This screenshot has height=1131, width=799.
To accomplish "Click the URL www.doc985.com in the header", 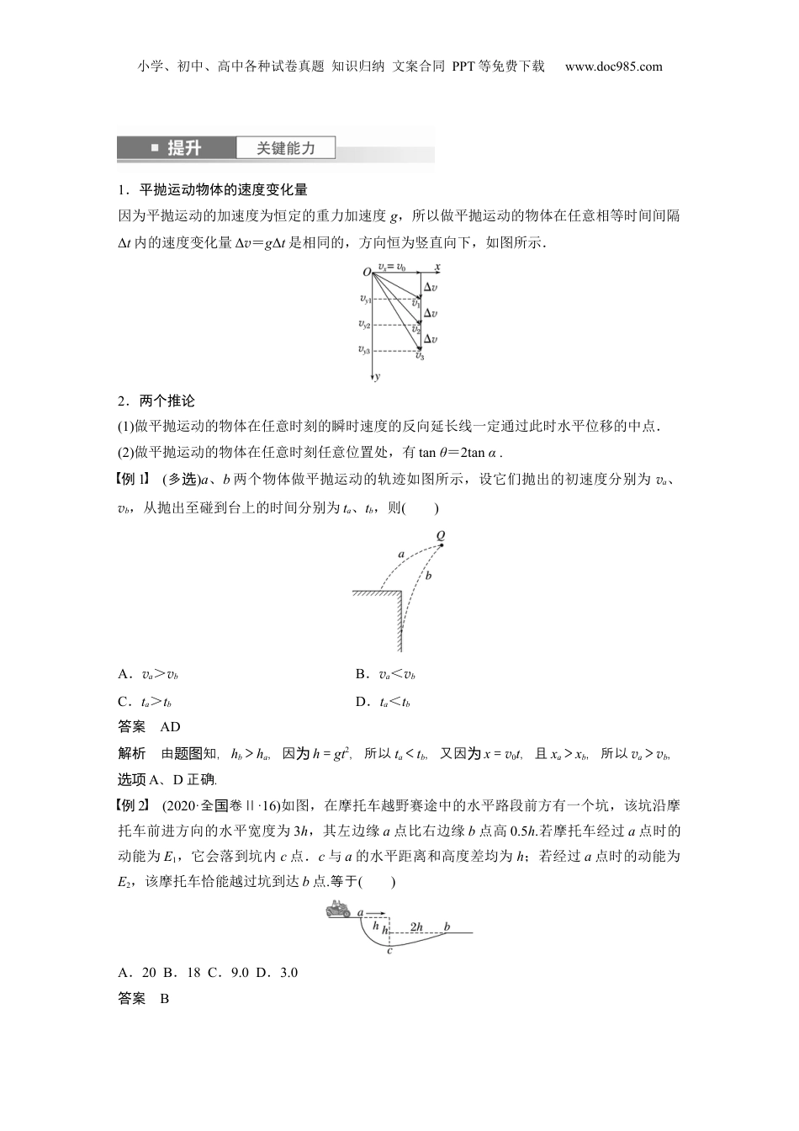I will point(613,66).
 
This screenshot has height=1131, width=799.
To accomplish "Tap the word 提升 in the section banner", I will point(184,148).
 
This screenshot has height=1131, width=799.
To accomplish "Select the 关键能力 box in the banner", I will point(286,148).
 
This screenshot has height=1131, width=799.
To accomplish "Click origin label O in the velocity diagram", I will point(367,272).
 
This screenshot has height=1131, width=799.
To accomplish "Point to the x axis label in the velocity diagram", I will point(437,267).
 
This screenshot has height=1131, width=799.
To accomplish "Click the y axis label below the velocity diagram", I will point(378,377).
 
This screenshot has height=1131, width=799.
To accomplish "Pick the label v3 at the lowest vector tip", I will point(419,356).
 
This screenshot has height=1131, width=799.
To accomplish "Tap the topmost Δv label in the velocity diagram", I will point(430,287).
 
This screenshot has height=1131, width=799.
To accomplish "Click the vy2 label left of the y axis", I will point(364,324).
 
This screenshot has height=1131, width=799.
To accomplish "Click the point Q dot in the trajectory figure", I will point(442,545).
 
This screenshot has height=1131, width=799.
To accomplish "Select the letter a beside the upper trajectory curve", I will point(401,554).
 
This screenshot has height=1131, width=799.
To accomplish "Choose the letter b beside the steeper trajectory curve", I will point(428,576).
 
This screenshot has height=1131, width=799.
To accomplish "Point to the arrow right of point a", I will point(376,911).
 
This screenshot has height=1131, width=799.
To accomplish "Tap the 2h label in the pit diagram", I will point(416,927).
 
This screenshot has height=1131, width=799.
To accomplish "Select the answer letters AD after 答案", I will point(170,726).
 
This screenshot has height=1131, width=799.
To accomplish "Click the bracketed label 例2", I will point(135,805).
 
